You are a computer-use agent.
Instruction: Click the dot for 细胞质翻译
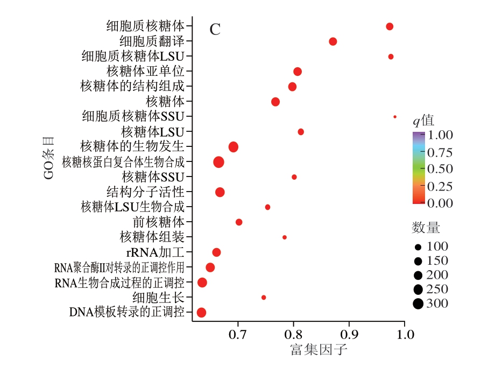333,41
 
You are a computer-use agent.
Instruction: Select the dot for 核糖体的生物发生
234,147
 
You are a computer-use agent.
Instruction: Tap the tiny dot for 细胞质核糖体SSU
395,116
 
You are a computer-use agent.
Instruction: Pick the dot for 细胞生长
264,297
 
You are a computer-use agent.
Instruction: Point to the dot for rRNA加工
216,252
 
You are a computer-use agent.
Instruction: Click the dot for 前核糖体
239,222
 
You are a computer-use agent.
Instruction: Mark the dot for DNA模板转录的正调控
202,312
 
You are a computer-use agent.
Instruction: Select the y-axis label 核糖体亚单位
145,71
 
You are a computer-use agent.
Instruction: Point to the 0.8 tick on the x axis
293,335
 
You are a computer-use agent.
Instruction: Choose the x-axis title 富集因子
319,351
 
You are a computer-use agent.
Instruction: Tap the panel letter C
215,30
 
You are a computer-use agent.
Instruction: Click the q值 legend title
423,120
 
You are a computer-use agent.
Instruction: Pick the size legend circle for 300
418,304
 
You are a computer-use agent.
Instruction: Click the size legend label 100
437,247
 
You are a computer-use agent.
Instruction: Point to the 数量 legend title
426,228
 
